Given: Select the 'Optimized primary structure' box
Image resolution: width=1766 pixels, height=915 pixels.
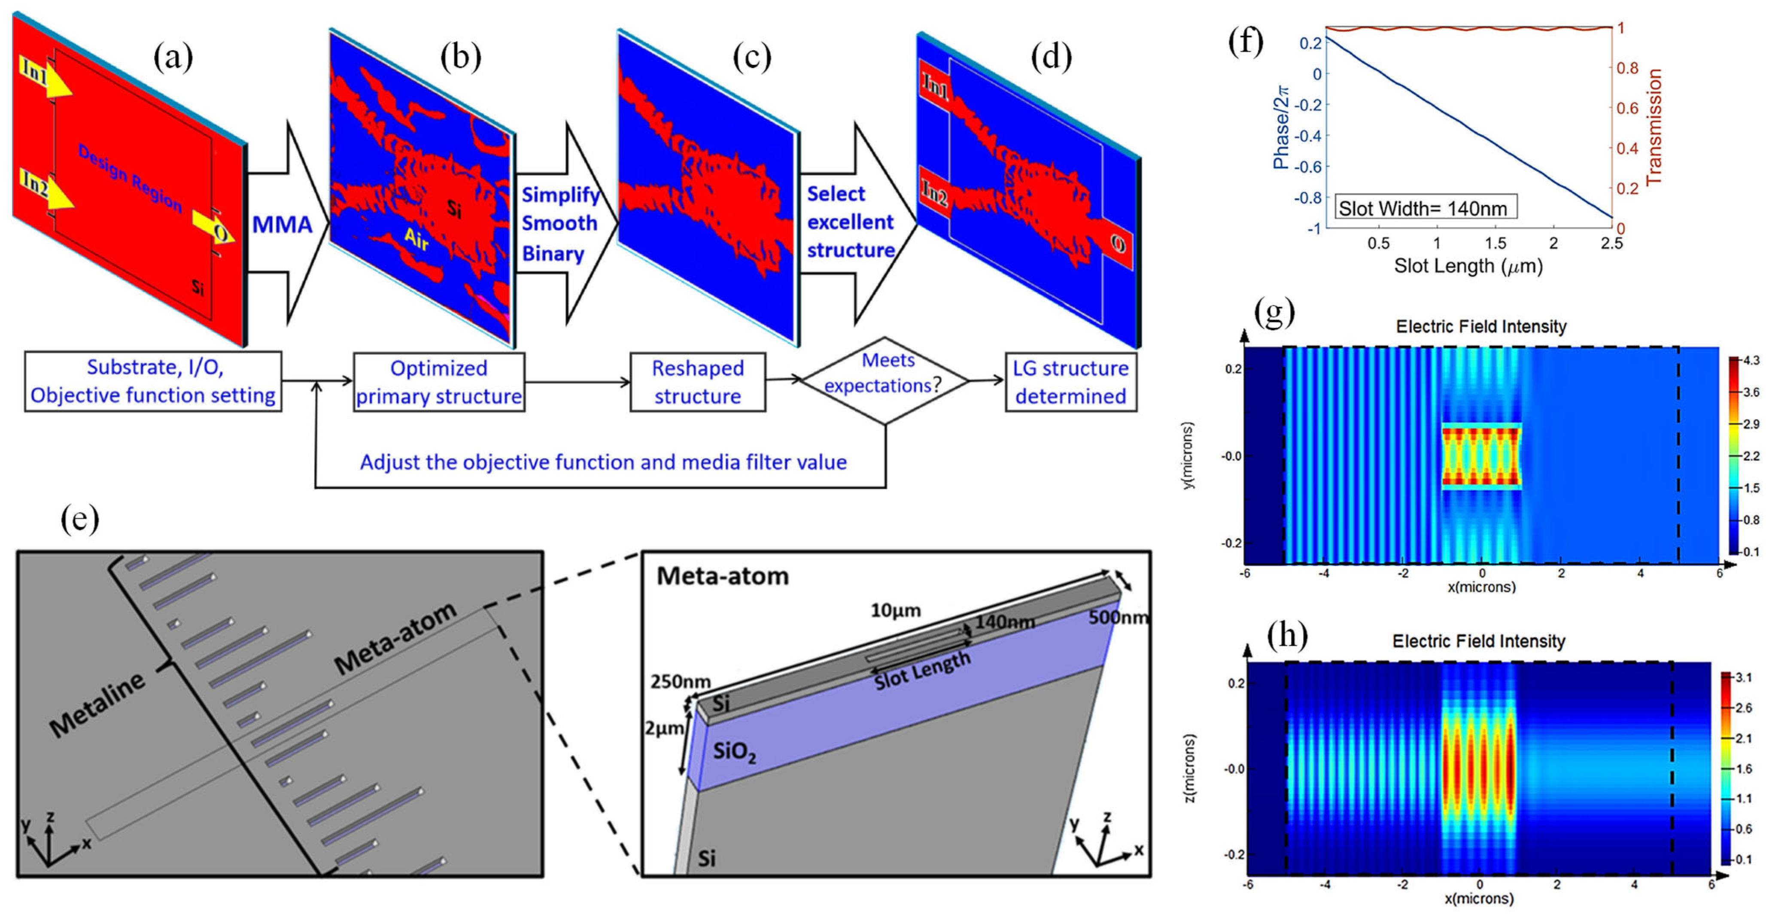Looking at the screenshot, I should [439, 382].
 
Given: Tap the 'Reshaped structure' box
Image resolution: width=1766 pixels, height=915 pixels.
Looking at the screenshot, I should [697, 382].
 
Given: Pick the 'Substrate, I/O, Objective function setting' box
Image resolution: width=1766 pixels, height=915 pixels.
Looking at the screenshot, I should [153, 381].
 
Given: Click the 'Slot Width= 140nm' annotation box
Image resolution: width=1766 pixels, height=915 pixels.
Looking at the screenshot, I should [1425, 208].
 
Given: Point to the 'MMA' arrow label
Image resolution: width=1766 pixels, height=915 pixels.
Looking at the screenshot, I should [282, 225].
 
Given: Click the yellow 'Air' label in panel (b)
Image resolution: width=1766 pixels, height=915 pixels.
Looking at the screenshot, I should [416, 240].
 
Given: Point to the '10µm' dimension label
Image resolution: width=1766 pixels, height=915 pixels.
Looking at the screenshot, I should [895, 610].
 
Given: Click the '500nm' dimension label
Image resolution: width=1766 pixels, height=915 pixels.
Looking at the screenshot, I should [1118, 617].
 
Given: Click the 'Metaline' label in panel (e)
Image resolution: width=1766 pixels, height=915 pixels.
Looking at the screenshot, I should [97, 704].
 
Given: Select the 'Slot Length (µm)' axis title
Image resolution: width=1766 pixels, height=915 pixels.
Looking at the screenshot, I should [1468, 266].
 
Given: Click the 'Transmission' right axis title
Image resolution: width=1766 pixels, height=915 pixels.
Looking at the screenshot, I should [1654, 127].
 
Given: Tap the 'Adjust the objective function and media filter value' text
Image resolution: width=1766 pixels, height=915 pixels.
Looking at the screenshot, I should [603, 462].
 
